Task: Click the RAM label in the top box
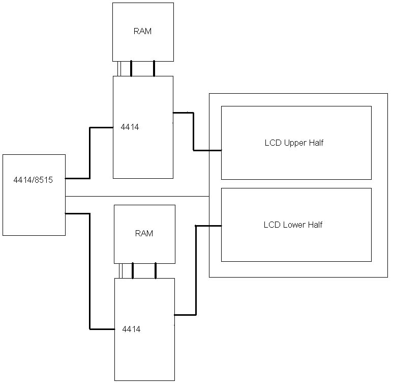coord(142,31)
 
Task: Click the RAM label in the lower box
coord(144,234)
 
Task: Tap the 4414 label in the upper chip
coord(130,127)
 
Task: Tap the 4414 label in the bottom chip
coord(131,329)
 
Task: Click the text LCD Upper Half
coord(294,143)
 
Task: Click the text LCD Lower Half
coord(293,225)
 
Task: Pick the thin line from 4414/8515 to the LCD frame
coord(137,196)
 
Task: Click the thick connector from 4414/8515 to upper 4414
coord(90,153)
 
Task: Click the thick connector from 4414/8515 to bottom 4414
coord(90,270)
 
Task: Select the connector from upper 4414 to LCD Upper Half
coord(194,131)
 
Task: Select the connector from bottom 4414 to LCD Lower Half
coord(196,270)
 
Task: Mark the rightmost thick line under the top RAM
coord(154,68)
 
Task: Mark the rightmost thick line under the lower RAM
coord(156,270)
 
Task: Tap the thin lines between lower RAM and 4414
coord(120,270)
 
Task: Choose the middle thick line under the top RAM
coord(131,68)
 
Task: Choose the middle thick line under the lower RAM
coord(133,270)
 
